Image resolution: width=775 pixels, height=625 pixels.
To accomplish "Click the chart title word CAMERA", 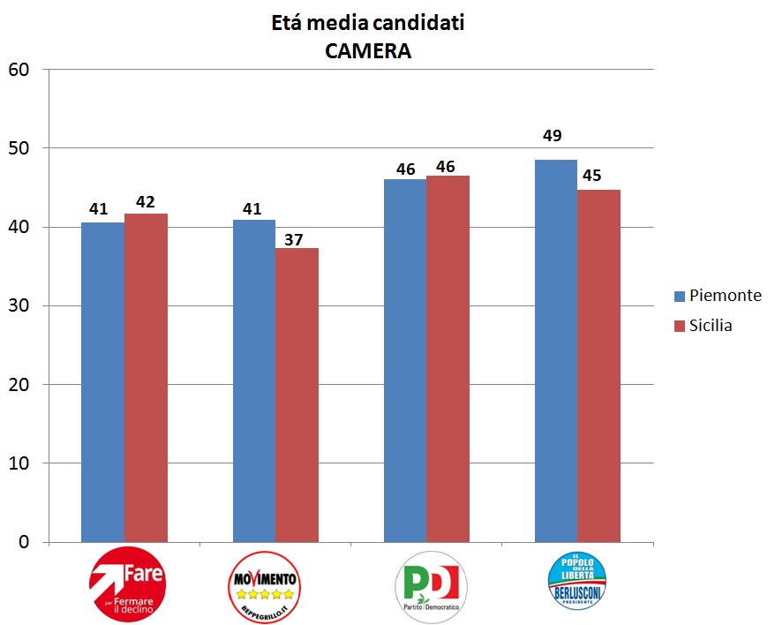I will (x=367, y=51).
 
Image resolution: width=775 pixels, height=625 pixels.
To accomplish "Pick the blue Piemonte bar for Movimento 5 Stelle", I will (x=254, y=380).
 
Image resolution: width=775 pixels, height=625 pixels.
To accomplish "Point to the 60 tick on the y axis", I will (x=19, y=69).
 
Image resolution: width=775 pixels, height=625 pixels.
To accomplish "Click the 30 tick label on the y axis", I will (x=19, y=305).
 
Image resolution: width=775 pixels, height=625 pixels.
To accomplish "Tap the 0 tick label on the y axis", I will (x=24, y=542).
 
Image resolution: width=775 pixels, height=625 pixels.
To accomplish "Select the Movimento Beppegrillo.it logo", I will (x=266, y=584).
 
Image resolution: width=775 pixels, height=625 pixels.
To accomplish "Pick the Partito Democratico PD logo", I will (x=430, y=585).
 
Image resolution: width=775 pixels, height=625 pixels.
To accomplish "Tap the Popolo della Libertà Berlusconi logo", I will (x=577, y=582).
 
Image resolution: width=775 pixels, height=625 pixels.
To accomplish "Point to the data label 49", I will (x=553, y=136).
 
